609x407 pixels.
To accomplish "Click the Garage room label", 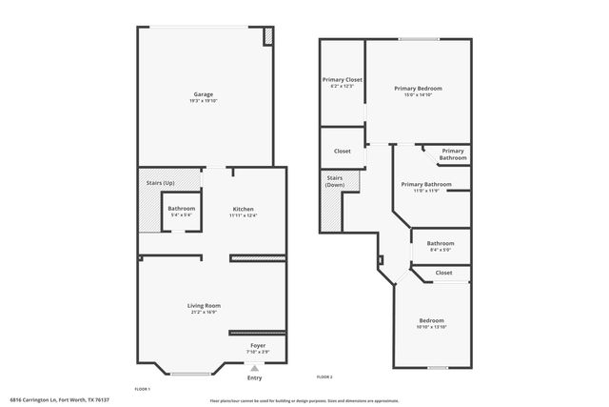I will click(203, 94).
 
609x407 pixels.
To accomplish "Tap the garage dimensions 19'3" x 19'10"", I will click(203, 101).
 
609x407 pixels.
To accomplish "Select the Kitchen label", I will click(244, 209).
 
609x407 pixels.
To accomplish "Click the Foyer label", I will click(258, 345).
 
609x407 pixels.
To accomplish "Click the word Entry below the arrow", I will click(254, 378).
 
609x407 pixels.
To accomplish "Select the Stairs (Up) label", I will click(160, 181).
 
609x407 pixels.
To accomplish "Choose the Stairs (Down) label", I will click(335, 181).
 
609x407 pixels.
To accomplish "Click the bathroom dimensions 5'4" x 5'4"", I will click(182, 215).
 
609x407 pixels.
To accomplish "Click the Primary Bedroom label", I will click(419, 88).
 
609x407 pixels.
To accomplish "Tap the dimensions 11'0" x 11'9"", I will click(426, 191).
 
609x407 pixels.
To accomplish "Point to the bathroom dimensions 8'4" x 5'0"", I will click(441, 250).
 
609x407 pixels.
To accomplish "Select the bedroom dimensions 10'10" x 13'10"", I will click(431, 327).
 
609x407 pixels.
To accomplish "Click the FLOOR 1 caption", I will click(143, 388).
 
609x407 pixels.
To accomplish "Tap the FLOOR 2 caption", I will click(324, 376).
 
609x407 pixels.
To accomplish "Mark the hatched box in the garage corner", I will click(268, 36).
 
